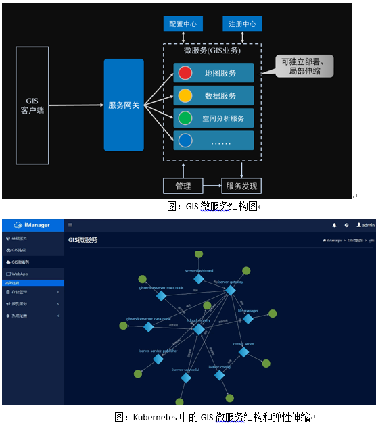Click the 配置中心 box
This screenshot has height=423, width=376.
(x=183, y=24)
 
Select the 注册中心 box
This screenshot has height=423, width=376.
(x=241, y=24)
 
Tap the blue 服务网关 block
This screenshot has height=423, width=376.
(x=124, y=105)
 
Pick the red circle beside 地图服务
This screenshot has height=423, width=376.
(x=185, y=73)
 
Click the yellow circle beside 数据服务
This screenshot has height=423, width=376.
(x=185, y=95)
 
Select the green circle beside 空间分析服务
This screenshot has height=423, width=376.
(x=185, y=118)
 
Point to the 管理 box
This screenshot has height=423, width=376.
(x=183, y=186)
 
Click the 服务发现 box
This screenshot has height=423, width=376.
(x=241, y=186)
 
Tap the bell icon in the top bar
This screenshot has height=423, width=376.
(x=333, y=225)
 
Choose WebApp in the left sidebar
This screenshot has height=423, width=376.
(x=20, y=274)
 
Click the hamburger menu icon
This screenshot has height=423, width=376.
(x=70, y=225)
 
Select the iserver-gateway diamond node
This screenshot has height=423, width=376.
(x=230, y=289)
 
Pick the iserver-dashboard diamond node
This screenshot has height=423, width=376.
(x=199, y=278)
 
